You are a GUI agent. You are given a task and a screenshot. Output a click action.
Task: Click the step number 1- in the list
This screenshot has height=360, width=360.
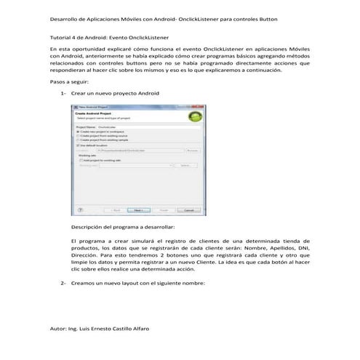(64, 96)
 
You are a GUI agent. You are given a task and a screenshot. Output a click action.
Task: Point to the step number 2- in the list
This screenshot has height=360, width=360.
(64, 283)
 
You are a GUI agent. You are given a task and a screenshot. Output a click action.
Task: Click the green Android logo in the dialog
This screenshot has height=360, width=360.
(193, 117)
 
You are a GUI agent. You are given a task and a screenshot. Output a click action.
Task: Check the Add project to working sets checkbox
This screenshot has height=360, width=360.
(81, 159)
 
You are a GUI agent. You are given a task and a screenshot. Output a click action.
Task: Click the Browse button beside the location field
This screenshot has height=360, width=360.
(193, 150)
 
